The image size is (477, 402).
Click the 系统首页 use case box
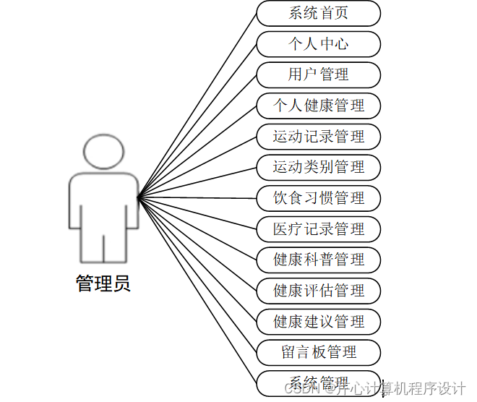[x=319, y=13]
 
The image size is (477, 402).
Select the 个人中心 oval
[x=319, y=44]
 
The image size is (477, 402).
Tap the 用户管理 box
[x=319, y=74]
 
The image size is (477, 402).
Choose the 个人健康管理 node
[x=319, y=106]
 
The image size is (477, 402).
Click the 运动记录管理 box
[x=319, y=137]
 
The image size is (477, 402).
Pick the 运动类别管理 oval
[x=319, y=167]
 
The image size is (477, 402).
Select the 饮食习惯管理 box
[x=319, y=198]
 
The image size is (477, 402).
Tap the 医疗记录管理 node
[x=319, y=229]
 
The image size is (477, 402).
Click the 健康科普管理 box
[x=319, y=260]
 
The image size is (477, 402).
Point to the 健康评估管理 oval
[x=319, y=291]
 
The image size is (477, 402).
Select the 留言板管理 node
[x=319, y=352]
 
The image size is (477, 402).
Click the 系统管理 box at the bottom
[x=319, y=382]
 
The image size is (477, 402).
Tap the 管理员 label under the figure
[x=103, y=283]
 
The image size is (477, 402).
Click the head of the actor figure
[x=103, y=150]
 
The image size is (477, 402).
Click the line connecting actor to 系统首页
[x=197, y=104]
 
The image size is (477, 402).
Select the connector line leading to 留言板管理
[x=197, y=273]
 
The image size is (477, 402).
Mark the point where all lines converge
[x=138, y=195]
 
